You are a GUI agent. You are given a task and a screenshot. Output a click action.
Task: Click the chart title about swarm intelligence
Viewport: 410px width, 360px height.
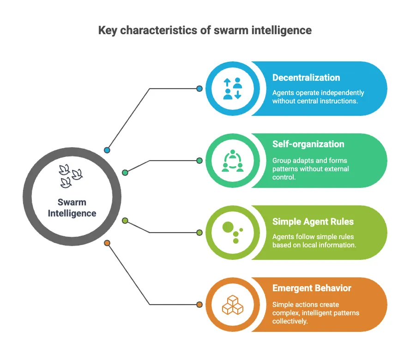pos(205,30)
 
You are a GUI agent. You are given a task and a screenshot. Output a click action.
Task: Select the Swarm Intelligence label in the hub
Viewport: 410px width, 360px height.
pos(72,208)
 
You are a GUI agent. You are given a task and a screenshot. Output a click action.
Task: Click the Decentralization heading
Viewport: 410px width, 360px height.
pos(306,78)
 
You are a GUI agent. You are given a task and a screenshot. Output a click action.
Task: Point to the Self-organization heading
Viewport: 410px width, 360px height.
pos(308,144)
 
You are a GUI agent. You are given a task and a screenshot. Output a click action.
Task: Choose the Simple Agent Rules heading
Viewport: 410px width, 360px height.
pos(313,222)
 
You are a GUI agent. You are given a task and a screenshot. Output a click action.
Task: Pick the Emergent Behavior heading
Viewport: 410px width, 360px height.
pos(312,288)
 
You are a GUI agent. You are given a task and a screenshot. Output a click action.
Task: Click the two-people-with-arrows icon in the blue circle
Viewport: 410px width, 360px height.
pos(233,89)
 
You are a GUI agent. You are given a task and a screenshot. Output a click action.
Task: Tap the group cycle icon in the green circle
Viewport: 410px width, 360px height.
pos(233,161)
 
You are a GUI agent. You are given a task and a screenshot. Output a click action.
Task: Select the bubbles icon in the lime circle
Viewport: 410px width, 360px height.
pos(233,233)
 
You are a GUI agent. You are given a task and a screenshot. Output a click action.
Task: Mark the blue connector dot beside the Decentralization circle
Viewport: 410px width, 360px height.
pos(199,89)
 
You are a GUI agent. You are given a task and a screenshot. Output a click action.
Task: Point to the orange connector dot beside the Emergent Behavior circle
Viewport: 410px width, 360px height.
pos(199,305)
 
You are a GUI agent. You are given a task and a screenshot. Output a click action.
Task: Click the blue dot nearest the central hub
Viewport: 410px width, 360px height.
pos(107,150)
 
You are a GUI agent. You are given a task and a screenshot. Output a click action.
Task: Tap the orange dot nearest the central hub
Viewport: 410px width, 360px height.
pos(107,243)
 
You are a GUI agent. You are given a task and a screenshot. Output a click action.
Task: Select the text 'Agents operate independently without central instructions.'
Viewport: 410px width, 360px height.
pos(318,96)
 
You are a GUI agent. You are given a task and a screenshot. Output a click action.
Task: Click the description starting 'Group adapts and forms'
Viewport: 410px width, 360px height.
pos(310,168)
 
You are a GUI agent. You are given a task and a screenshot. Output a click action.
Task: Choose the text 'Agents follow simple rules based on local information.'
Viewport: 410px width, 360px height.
pos(314,240)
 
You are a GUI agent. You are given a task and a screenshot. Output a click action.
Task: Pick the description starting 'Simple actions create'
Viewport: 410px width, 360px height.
pos(315,312)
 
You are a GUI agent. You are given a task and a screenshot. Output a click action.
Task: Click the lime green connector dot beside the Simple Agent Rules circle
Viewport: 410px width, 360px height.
pos(199,233)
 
